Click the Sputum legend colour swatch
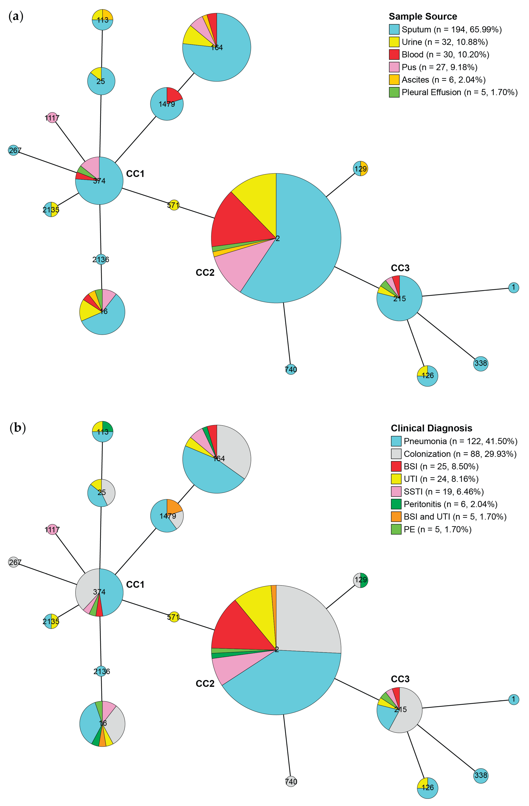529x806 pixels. pos(394,29)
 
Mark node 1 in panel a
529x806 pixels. pos(513,287)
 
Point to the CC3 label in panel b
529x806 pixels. pos(400,679)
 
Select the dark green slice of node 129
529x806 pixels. pos(364,580)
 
